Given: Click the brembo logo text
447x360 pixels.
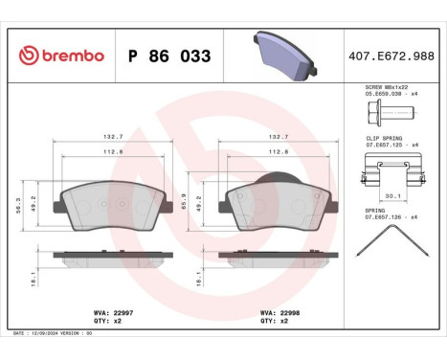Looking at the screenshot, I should [69, 56].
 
